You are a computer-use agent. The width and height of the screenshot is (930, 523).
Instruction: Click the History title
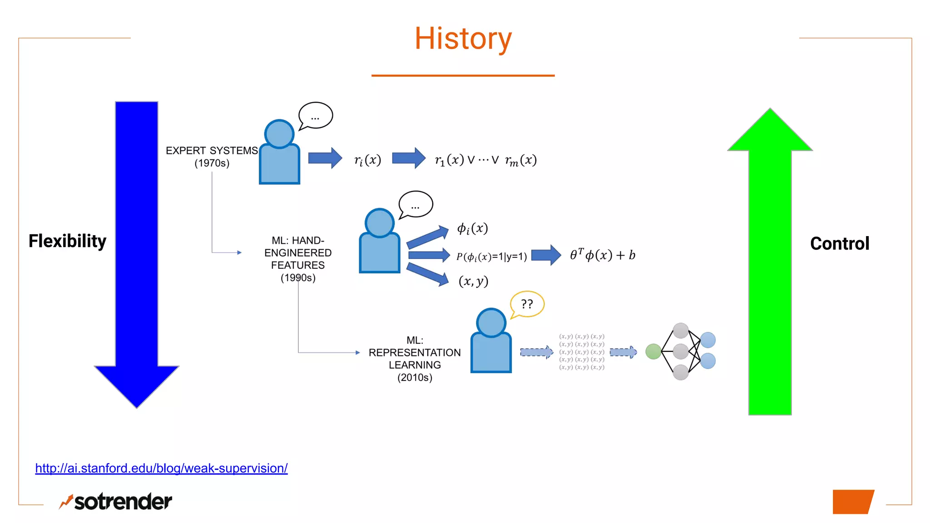[x=463, y=39]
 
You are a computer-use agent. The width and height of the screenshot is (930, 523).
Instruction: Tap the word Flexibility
[x=67, y=241]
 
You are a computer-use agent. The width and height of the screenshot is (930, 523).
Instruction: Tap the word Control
[x=839, y=244]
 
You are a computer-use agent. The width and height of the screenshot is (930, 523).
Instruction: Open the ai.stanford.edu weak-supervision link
[x=161, y=468]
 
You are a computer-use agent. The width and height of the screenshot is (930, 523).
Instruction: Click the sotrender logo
[x=116, y=502]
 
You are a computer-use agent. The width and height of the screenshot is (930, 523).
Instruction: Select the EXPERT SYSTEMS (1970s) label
[x=212, y=157]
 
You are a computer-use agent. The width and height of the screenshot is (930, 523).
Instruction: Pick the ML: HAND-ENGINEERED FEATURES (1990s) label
[x=298, y=259]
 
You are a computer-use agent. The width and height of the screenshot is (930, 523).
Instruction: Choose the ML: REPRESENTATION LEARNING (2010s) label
[x=415, y=359]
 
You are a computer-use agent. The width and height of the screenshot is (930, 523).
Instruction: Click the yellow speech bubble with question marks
[x=527, y=304]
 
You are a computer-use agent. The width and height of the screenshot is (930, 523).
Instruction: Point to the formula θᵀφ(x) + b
[x=602, y=255]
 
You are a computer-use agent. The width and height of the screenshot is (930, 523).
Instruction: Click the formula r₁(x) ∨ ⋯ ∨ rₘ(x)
[x=485, y=160]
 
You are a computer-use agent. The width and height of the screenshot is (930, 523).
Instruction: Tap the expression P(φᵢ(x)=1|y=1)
[x=491, y=257]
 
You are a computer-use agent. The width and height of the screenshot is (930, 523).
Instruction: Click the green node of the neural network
[x=653, y=351]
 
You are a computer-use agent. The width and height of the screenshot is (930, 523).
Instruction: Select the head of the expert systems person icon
[x=279, y=134]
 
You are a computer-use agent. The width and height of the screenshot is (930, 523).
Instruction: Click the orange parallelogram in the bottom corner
[x=852, y=502]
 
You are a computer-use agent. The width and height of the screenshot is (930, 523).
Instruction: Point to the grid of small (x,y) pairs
[x=582, y=352]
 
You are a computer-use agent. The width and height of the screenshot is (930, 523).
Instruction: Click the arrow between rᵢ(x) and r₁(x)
[x=408, y=158]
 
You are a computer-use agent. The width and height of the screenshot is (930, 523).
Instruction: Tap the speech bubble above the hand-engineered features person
[x=416, y=205]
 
